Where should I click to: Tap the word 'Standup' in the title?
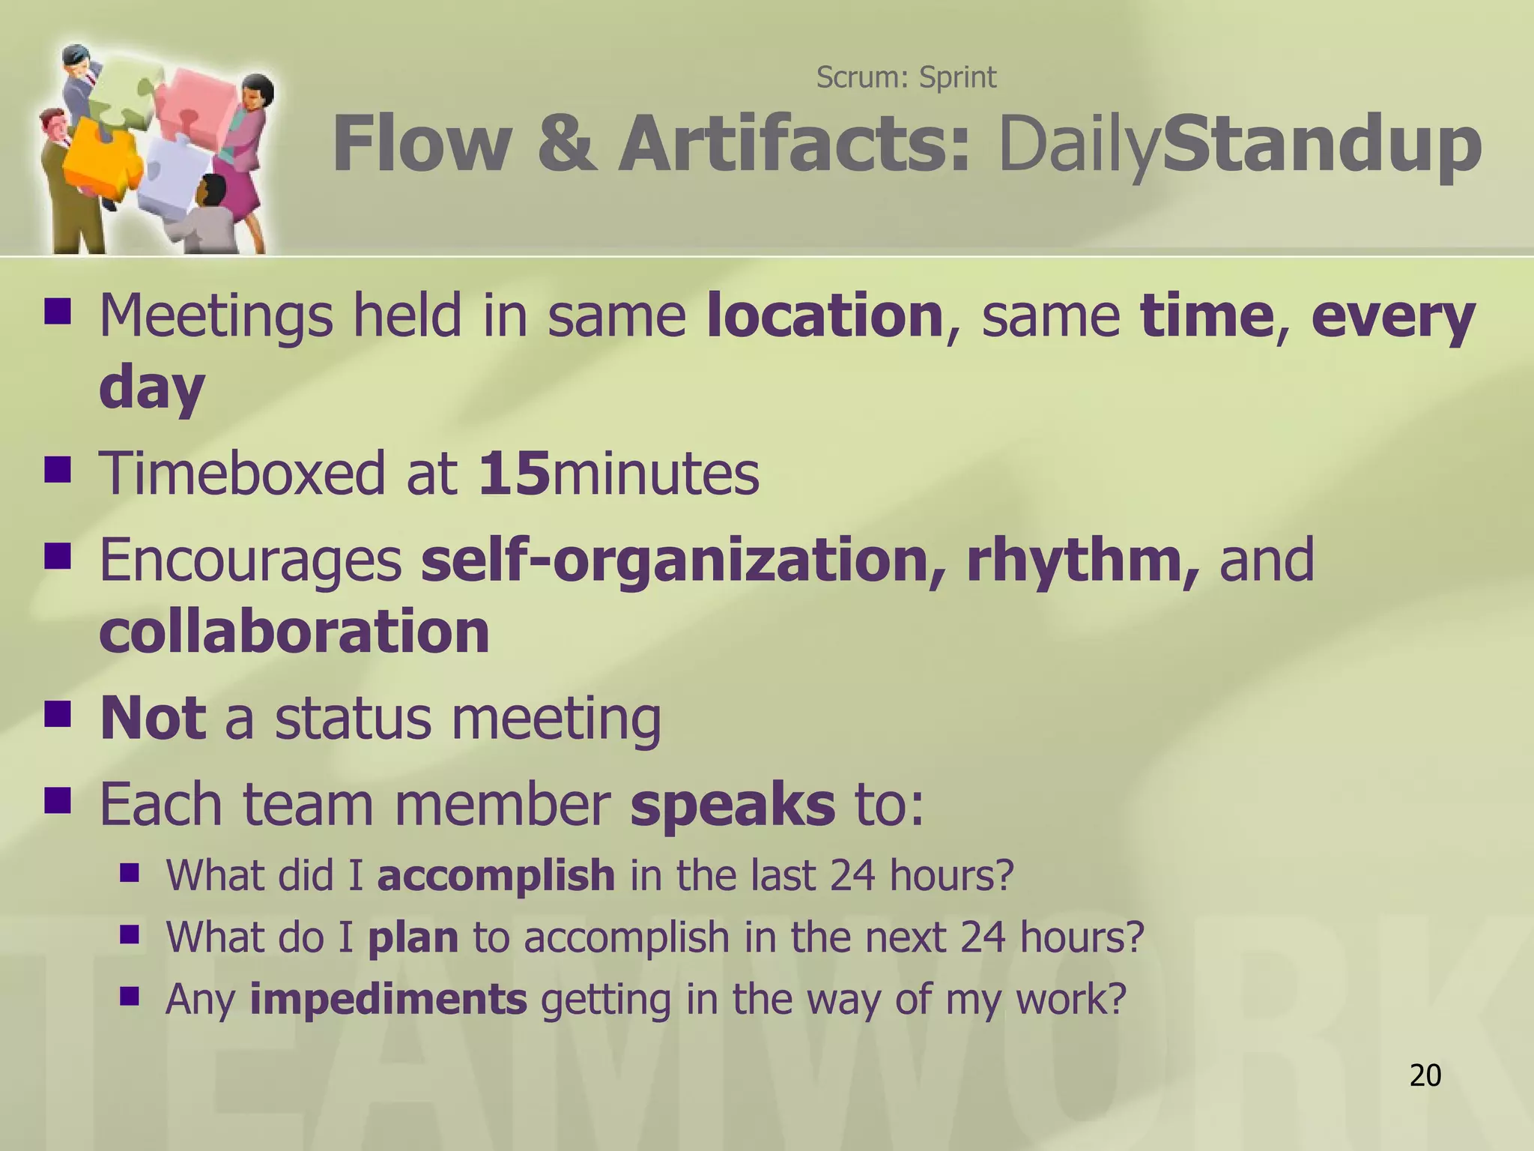pos(1321,145)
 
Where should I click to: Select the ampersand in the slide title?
pos(567,145)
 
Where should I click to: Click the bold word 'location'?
pos(824,315)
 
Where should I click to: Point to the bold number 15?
pos(515,474)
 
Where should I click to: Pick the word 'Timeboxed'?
pos(242,474)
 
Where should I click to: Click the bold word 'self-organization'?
pos(674,560)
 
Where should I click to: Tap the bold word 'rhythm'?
pos(1076,560)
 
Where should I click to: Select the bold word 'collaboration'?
pos(294,631)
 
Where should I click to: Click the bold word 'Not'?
pos(153,718)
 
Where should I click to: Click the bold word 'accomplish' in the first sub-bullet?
pos(496,874)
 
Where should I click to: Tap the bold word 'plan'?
pos(413,937)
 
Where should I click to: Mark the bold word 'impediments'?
pos(388,999)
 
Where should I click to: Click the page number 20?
pos(1425,1075)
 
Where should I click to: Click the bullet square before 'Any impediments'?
pos(130,996)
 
